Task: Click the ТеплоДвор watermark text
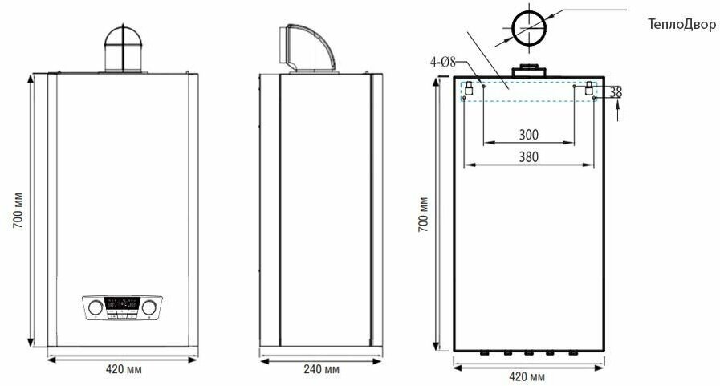pyautogui.click(x=681, y=24)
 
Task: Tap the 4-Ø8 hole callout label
pyautogui.click(x=443, y=62)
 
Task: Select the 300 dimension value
pyautogui.click(x=528, y=135)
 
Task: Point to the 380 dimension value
pyautogui.click(x=528, y=157)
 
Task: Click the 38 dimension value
pyautogui.click(x=616, y=92)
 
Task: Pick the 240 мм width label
pyautogui.click(x=321, y=369)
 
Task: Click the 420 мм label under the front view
pyautogui.click(x=124, y=369)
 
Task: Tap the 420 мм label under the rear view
pyautogui.click(x=527, y=377)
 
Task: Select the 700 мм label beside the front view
pyautogui.click(x=18, y=211)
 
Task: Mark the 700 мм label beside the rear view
pyautogui.click(x=423, y=214)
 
